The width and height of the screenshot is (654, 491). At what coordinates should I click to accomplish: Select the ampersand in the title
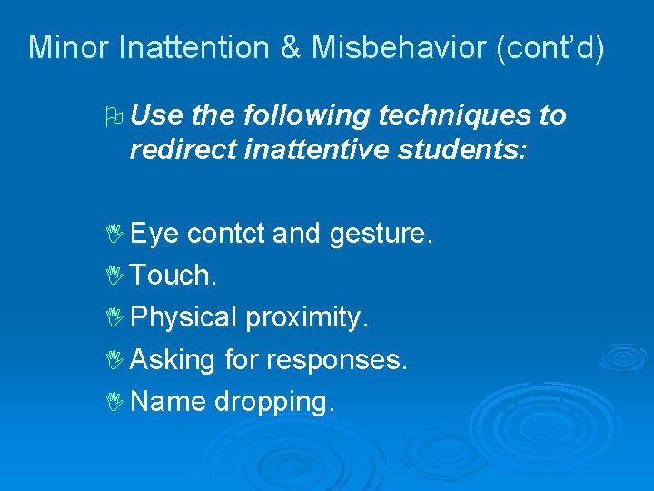pyautogui.click(x=291, y=47)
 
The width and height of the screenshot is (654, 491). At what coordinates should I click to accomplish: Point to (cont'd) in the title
pyautogui.click(x=550, y=47)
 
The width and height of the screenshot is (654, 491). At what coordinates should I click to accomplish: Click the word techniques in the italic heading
pyautogui.click(x=451, y=115)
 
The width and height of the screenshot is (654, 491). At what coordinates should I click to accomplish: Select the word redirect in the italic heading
pyautogui.click(x=183, y=151)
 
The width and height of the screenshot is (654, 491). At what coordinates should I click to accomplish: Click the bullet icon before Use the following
pyautogui.click(x=113, y=116)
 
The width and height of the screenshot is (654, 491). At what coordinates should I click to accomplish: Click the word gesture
pyautogui.click(x=381, y=234)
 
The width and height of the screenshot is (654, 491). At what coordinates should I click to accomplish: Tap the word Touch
pyautogui.click(x=173, y=276)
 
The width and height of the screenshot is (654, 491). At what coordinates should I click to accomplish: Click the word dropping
pyautogui.click(x=275, y=402)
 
